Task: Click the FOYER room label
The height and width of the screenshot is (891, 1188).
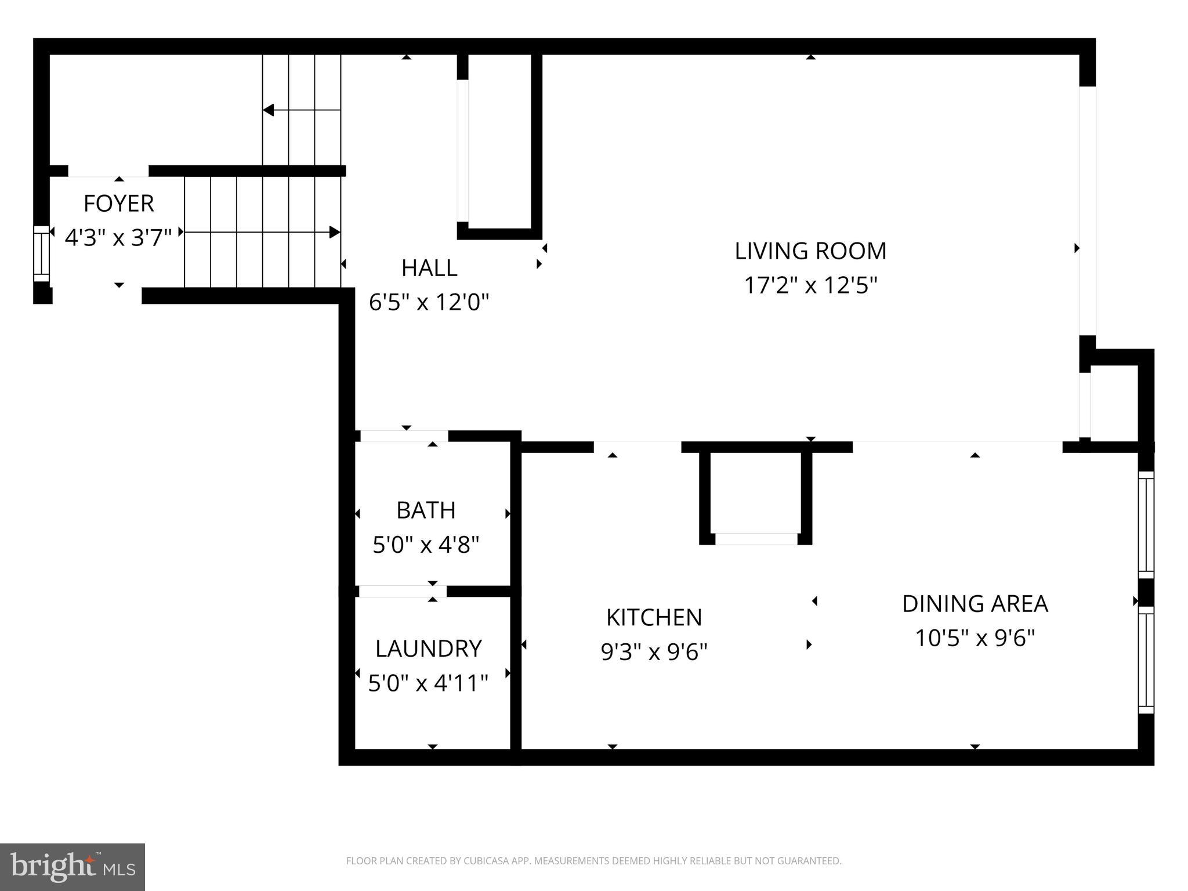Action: point(118,204)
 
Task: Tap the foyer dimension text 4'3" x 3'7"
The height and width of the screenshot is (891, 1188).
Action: point(118,238)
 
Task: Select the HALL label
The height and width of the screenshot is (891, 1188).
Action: point(429,268)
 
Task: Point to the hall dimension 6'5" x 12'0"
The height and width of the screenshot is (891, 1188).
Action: point(429,302)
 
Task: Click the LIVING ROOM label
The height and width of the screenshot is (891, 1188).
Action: point(810,251)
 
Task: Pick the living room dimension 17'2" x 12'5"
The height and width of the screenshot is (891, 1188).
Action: point(810,285)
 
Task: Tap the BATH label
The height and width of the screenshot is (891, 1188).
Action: point(426,510)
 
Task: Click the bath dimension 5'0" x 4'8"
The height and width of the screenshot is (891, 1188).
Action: point(426,545)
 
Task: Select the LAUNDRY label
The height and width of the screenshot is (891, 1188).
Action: point(428,649)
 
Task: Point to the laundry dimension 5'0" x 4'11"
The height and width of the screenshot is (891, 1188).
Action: point(428,683)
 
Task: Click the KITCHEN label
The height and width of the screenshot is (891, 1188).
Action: point(654,618)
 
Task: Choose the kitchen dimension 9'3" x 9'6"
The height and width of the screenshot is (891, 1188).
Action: point(654,653)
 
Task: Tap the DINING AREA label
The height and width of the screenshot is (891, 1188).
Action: point(975,604)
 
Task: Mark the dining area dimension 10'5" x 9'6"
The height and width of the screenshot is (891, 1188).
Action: point(975,638)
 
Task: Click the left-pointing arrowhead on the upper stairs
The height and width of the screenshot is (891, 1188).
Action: point(269,110)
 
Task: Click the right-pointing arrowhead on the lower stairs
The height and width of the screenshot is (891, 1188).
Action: point(335,232)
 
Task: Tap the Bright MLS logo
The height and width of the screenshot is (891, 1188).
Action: point(73,867)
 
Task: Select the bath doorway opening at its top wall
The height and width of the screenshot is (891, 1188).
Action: point(404,436)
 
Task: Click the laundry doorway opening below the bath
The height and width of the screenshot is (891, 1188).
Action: point(403,591)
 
